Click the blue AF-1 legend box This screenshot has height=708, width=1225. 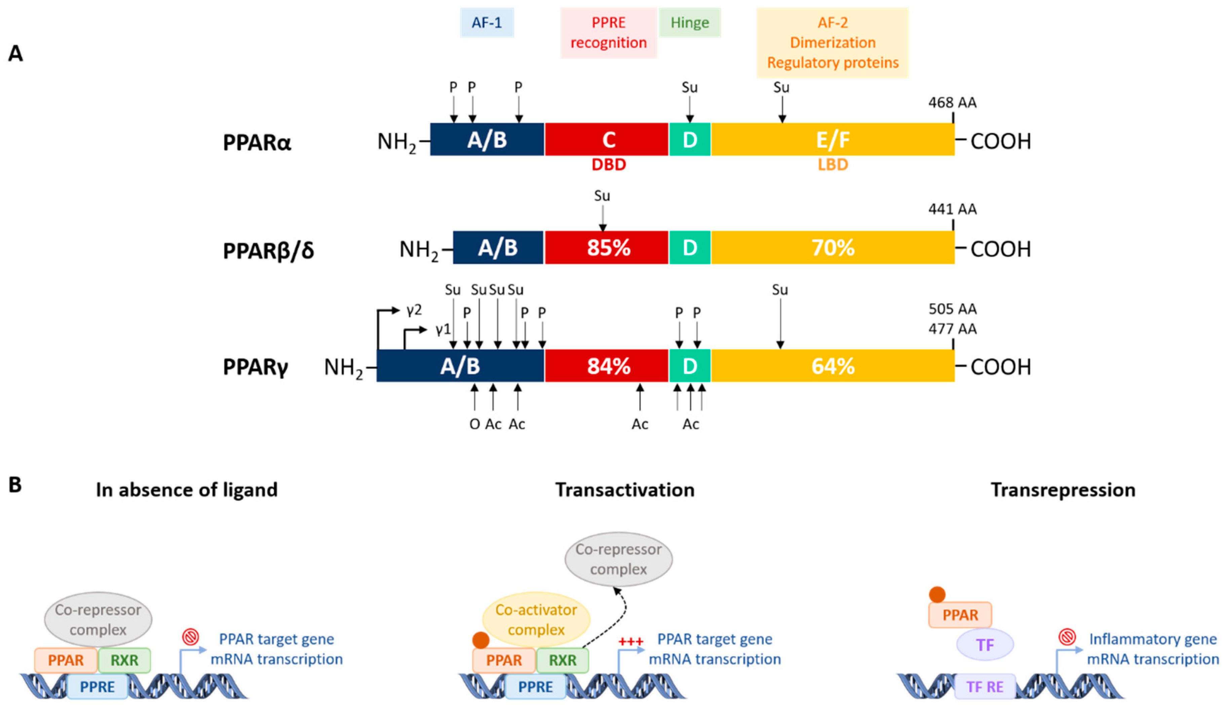pos(487,23)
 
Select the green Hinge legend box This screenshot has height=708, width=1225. pos(689,23)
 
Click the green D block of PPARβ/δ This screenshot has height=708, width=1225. pos(690,248)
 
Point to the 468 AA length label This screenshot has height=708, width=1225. pos(952,103)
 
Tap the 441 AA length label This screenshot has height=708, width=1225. pos(952,209)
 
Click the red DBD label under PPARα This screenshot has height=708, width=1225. pos(609,165)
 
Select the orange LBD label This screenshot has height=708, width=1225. pos(833,165)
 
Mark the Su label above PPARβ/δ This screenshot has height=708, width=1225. pos(602,196)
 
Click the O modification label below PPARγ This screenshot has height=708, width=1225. pos(474,424)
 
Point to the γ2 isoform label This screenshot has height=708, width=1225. pos(414,310)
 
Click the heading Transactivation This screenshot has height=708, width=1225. pos(625,490)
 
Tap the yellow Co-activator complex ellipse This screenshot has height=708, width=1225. pos(536,620)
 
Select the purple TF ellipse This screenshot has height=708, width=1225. pos(985,645)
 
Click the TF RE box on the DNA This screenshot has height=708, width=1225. pos(985,686)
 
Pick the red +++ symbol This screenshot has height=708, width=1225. pos(630,642)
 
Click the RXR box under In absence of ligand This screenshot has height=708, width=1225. pos(124,660)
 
